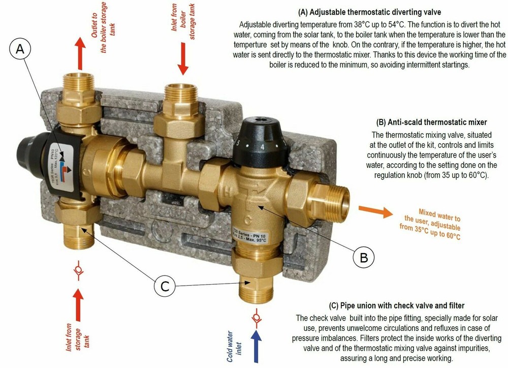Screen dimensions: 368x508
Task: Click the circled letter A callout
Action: pyautogui.click(x=20, y=50)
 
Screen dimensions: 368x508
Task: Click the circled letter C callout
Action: pyautogui.click(x=165, y=287)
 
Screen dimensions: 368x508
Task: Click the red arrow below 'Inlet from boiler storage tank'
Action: pyautogui.click(x=183, y=60)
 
